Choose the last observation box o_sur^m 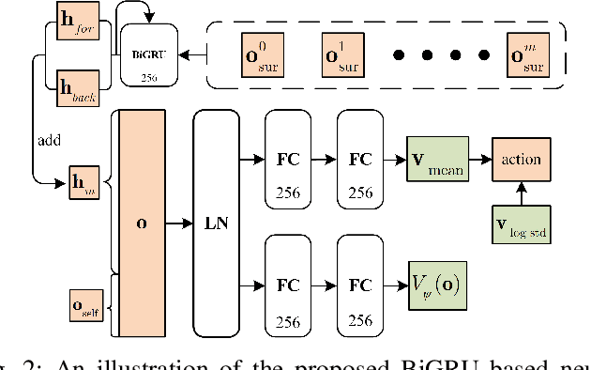click(x=528, y=55)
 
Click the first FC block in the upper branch click(x=288, y=159)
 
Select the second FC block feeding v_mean click(x=359, y=159)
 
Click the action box click(x=522, y=159)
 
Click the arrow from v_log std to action click(x=522, y=193)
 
